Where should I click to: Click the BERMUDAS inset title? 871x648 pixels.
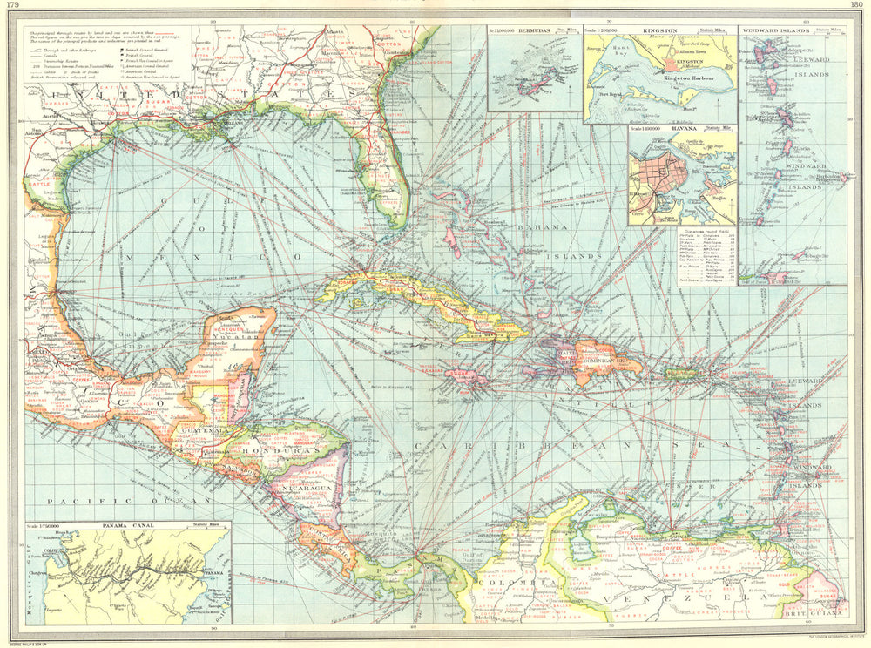[x=535, y=30]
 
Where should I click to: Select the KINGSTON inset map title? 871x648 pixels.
[x=658, y=30]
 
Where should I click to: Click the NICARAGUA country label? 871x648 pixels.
[x=300, y=489]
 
